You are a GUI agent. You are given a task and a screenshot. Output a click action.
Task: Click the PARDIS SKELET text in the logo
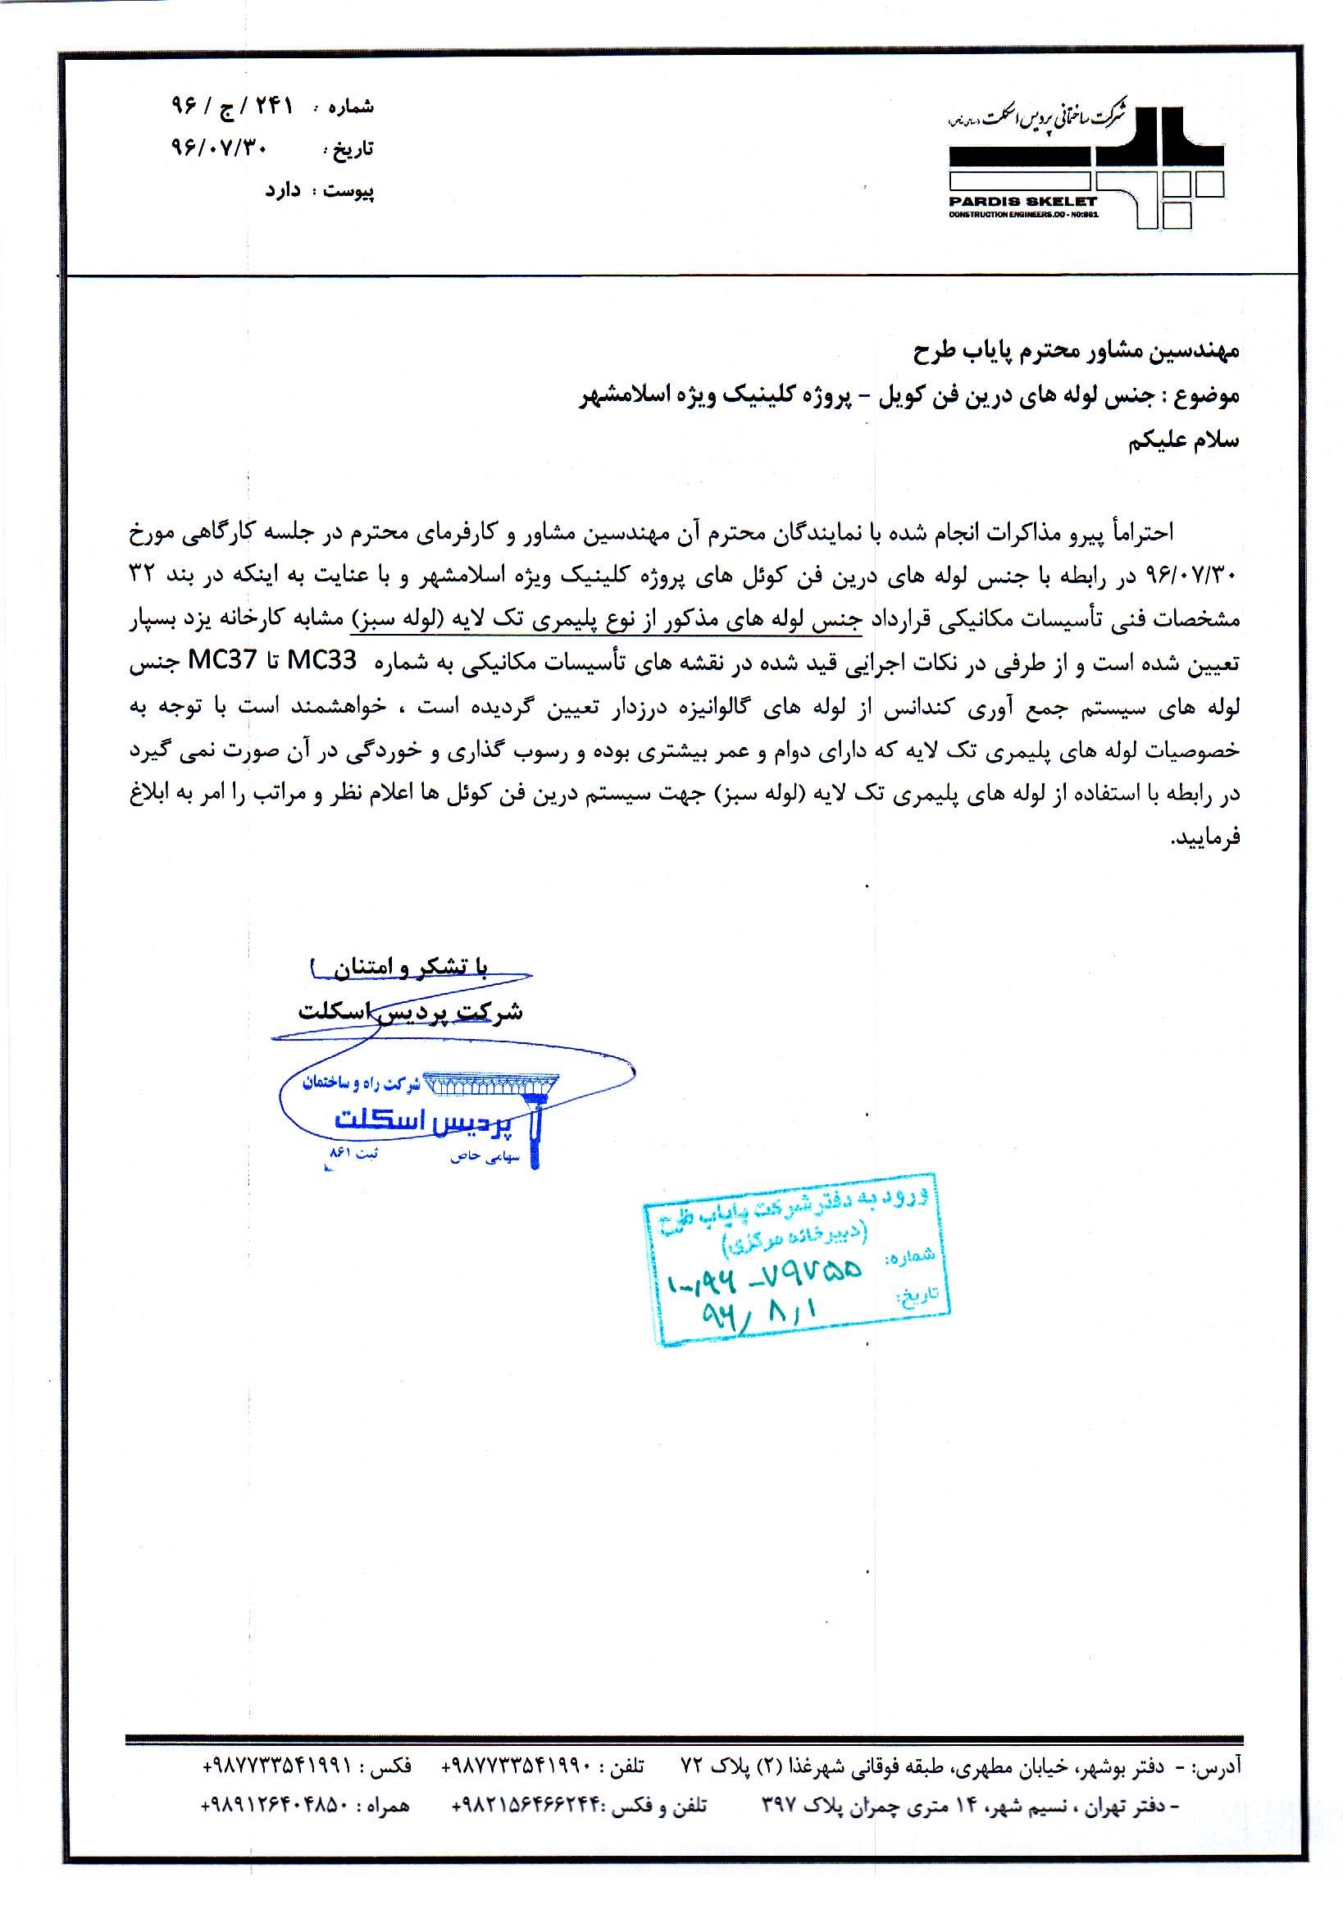point(1022,201)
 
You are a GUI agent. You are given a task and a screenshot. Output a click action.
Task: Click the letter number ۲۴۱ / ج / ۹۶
point(232,107)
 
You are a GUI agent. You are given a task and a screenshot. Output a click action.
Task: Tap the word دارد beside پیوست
point(283,191)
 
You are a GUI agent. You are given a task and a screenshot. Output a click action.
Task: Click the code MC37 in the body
point(223,661)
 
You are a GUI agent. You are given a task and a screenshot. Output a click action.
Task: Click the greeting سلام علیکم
point(1184,440)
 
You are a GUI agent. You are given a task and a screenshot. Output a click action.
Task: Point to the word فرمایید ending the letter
point(1204,838)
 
